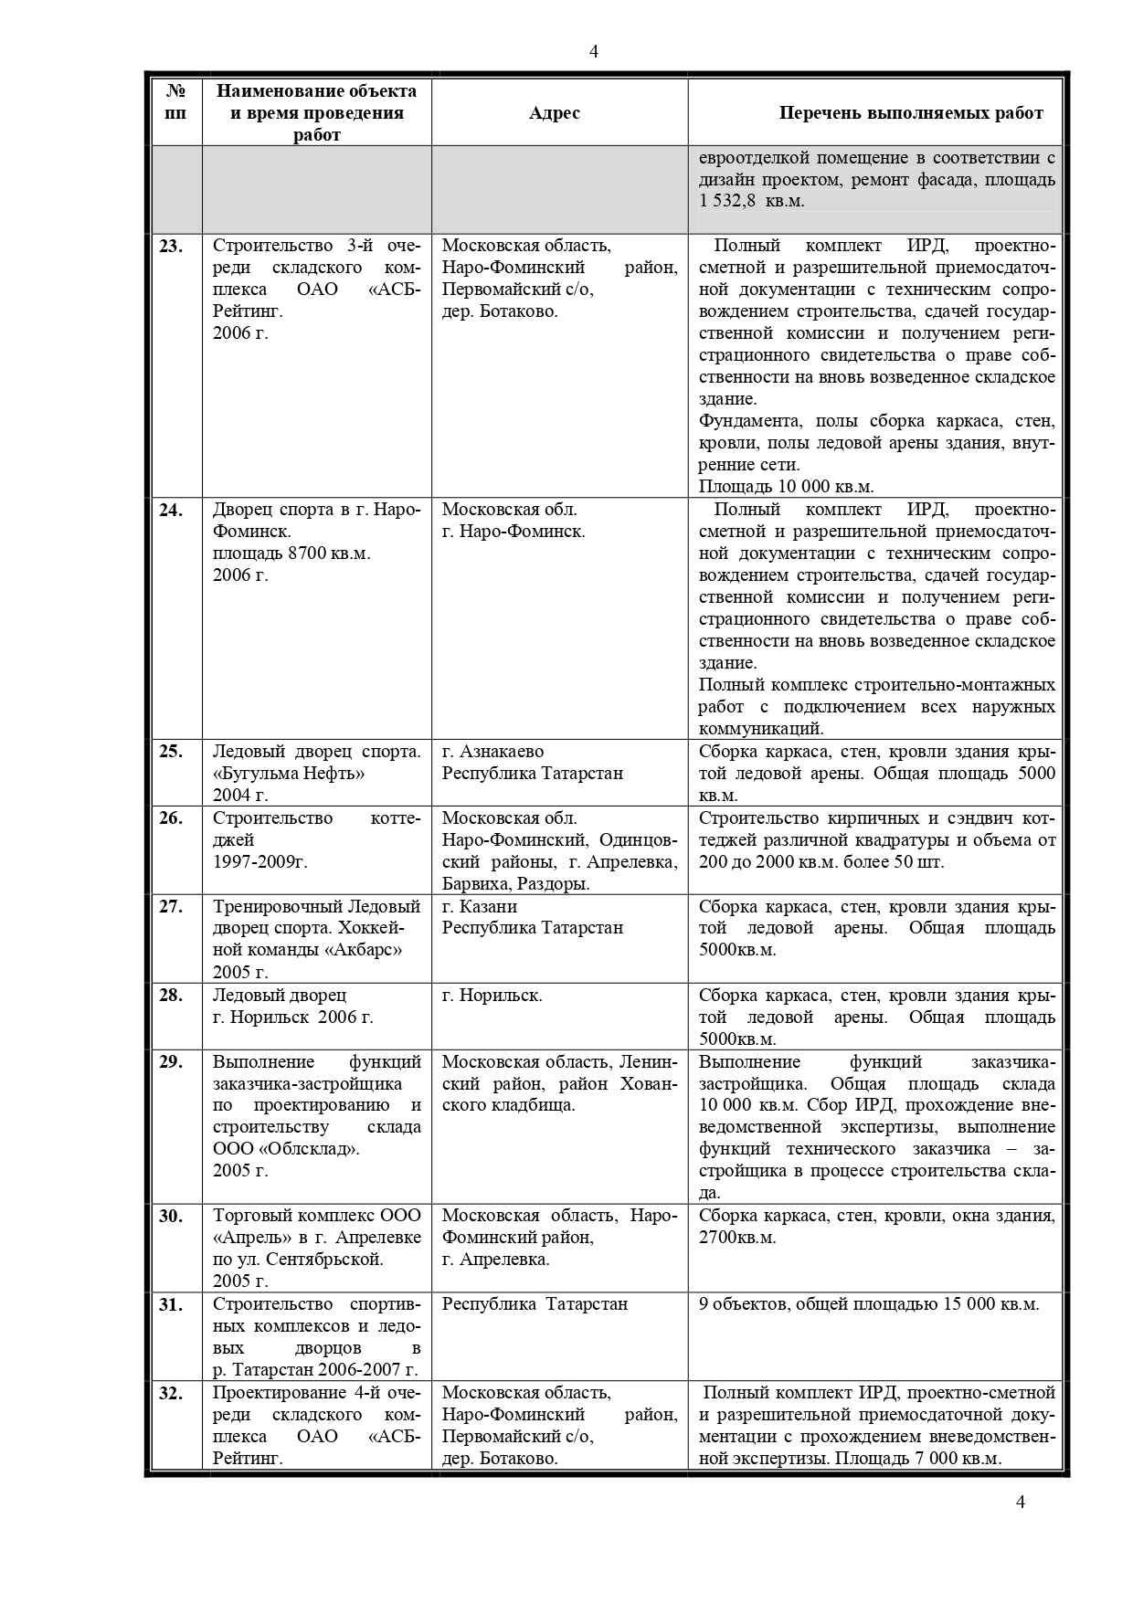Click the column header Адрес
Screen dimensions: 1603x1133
[554, 113]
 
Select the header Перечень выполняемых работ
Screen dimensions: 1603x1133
[910, 113]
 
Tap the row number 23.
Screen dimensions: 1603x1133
[171, 246]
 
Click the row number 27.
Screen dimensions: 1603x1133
[171, 906]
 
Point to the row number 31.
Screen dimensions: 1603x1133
[171, 1304]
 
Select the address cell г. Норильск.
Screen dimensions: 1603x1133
[492, 995]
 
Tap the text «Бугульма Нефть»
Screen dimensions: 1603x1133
[289, 774]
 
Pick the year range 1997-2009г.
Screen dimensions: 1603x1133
[260, 861]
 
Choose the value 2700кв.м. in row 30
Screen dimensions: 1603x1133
[737, 1238]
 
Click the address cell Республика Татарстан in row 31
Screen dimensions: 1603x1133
[535, 1304]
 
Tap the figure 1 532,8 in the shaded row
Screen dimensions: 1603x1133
[728, 201]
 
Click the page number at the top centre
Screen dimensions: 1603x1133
[594, 51]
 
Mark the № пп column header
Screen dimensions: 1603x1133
[176, 102]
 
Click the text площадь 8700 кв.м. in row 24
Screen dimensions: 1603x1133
[291, 554]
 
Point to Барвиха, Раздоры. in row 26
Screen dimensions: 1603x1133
[515, 884]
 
